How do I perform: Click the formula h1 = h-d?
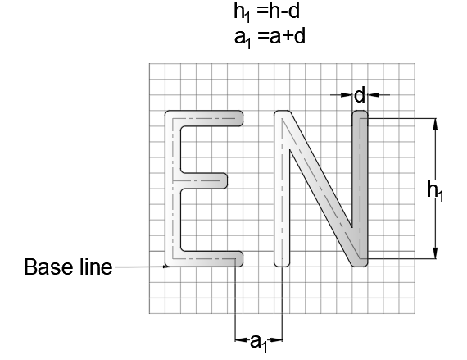pyautogui.click(x=266, y=12)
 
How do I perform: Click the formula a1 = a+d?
pyautogui.click(x=270, y=38)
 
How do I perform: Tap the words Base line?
pyautogui.click(x=68, y=267)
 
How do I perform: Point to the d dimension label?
pyautogui.click(x=360, y=95)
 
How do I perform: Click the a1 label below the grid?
pyautogui.click(x=258, y=343)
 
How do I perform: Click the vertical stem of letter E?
pyautogui.click(x=173, y=189)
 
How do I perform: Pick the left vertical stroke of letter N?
pyautogui.click(x=282, y=189)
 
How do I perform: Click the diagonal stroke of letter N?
pyautogui.click(x=321, y=189)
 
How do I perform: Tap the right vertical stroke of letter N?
pyautogui.click(x=360, y=189)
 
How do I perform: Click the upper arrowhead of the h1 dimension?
pyautogui.click(x=435, y=124)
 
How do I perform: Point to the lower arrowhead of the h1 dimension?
pyautogui.click(x=435, y=253)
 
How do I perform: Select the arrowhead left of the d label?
pyautogui.click(x=347, y=95)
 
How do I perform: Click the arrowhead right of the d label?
pyautogui.click(x=374, y=95)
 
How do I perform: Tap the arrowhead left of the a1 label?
pyautogui.click(x=241, y=339)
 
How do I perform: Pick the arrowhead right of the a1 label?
pyautogui.click(x=276, y=339)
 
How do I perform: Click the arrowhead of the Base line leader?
pyautogui.click(x=166, y=267)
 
